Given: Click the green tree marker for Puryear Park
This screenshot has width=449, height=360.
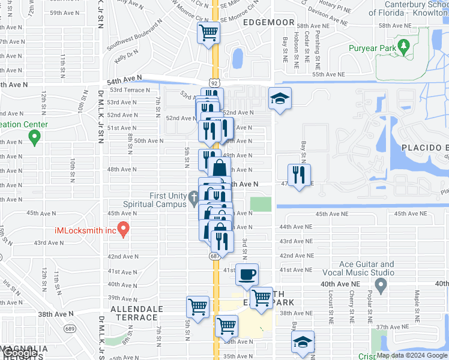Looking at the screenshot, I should pyautogui.click(x=404, y=46).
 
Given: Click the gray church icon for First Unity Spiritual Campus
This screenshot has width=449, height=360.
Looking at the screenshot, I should pyautogui.click(x=193, y=197).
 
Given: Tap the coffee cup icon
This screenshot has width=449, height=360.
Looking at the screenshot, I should pyautogui.click(x=247, y=275).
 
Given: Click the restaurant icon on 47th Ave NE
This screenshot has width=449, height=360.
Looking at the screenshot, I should pyautogui.click(x=299, y=175).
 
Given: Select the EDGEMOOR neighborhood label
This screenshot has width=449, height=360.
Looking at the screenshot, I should pyautogui.click(x=269, y=22).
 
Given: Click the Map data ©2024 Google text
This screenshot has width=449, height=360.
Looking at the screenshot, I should pyautogui.click(x=411, y=355).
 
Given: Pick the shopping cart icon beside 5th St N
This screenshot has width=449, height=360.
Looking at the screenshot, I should pyautogui.click(x=197, y=307).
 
